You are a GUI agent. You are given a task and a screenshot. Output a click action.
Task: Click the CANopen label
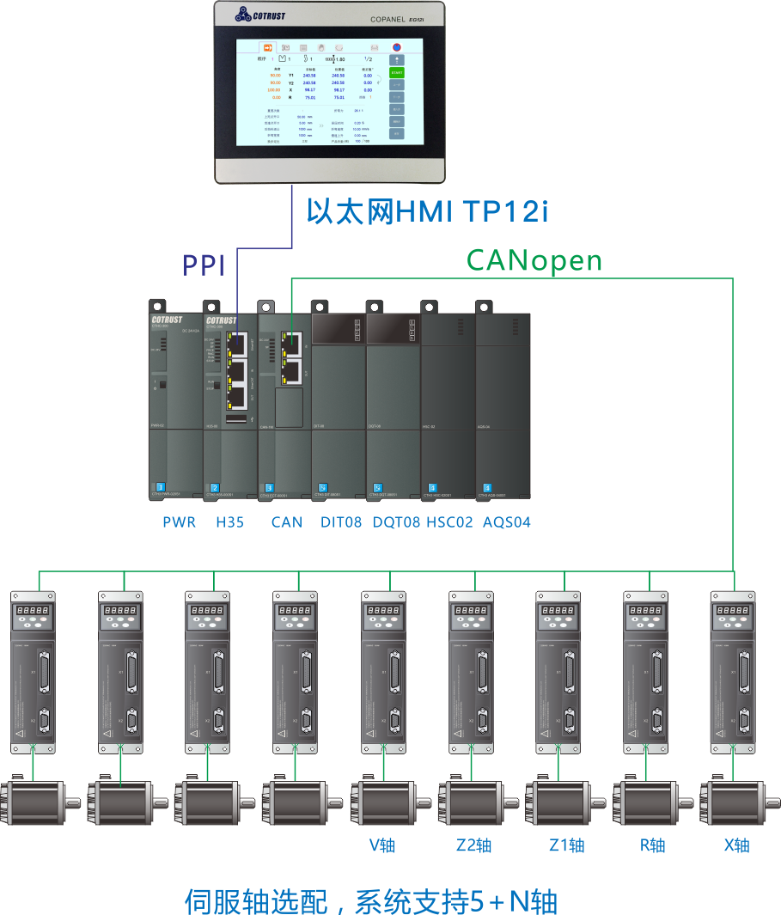tap(534, 259)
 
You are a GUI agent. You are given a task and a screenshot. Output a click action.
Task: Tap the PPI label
tap(203, 265)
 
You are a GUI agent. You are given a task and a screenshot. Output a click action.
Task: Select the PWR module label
tap(179, 522)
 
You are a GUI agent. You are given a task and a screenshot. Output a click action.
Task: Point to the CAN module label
tap(286, 522)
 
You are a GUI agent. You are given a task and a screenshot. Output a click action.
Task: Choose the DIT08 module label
tap(340, 522)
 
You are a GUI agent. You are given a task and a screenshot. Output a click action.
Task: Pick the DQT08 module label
tap(396, 522)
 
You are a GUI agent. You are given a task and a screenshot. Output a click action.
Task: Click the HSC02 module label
tap(449, 522)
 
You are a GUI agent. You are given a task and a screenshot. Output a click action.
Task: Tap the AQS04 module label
tap(506, 522)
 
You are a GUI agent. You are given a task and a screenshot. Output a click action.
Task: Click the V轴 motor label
tap(381, 845)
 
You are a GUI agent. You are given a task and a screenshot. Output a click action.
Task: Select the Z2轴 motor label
tap(473, 845)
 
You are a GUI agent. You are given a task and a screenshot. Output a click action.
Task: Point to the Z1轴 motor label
tap(566, 845)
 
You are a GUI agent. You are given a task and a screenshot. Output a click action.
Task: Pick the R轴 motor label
tap(652, 845)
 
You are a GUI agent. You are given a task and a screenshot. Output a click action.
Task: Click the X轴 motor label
tap(737, 845)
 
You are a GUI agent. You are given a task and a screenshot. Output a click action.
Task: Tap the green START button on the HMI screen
tap(396, 73)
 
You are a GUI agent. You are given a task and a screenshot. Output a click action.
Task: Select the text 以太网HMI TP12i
tap(427, 210)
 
